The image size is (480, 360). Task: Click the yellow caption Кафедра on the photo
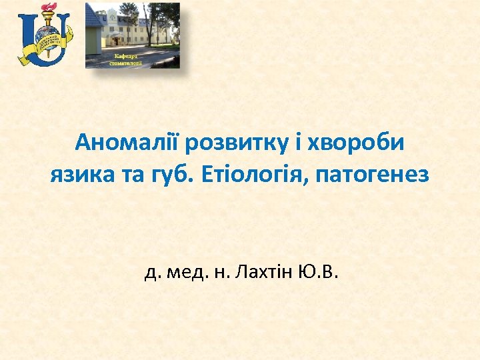[x=125, y=55]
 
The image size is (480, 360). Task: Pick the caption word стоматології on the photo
[x=125, y=63]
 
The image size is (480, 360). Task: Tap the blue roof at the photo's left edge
[x=93, y=17]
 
